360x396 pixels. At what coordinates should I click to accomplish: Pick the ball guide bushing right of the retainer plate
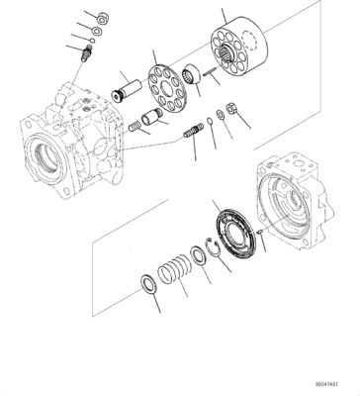point(191,74)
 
